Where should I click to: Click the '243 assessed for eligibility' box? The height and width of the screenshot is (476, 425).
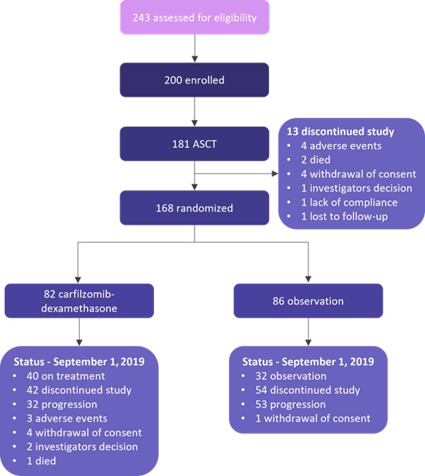[x=195, y=18]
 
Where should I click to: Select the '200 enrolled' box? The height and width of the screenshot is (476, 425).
[x=195, y=80]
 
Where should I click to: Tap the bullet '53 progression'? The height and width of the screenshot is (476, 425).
[x=288, y=404]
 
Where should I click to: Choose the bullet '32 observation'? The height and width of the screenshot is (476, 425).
[x=289, y=375]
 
